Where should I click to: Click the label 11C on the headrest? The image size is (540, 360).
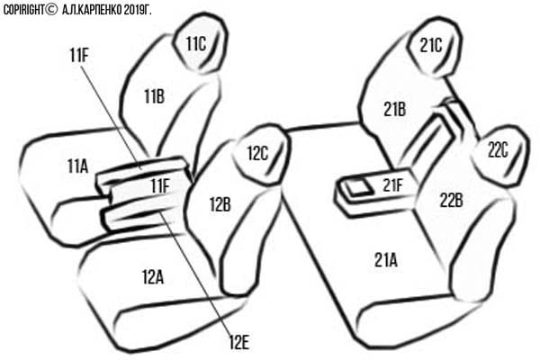click(x=195, y=44)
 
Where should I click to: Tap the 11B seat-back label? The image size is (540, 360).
click(x=154, y=96)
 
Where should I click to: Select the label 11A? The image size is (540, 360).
click(x=77, y=166)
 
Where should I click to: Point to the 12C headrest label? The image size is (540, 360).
click(x=257, y=153)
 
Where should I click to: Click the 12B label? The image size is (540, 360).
click(x=220, y=204)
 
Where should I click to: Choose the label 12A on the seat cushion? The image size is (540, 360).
click(x=153, y=276)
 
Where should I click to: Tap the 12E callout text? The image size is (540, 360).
click(x=239, y=342)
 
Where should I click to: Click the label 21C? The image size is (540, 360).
click(x=431, y=45)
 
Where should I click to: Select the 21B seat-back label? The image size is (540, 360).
click(x=395, y=110)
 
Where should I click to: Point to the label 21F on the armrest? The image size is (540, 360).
click(x=392, y=185)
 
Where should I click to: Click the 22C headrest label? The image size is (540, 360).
click(x=498, y=150)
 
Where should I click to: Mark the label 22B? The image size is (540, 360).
click(x=451, y=201)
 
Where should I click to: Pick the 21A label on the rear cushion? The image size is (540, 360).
click(x=386, y=260)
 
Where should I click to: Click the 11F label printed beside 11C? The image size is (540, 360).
click(x=79, y=55)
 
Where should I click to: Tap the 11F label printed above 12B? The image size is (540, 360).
click(x=160, y=186)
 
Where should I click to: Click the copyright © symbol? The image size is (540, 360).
click(x=51, y=9)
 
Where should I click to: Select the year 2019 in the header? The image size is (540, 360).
click(x=132, y=10)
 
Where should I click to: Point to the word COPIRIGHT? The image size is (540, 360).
click(x=23, y=10)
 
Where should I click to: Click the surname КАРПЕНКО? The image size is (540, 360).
click(x=100, y=10)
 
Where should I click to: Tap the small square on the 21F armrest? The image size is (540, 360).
click(x=359, y=189)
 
